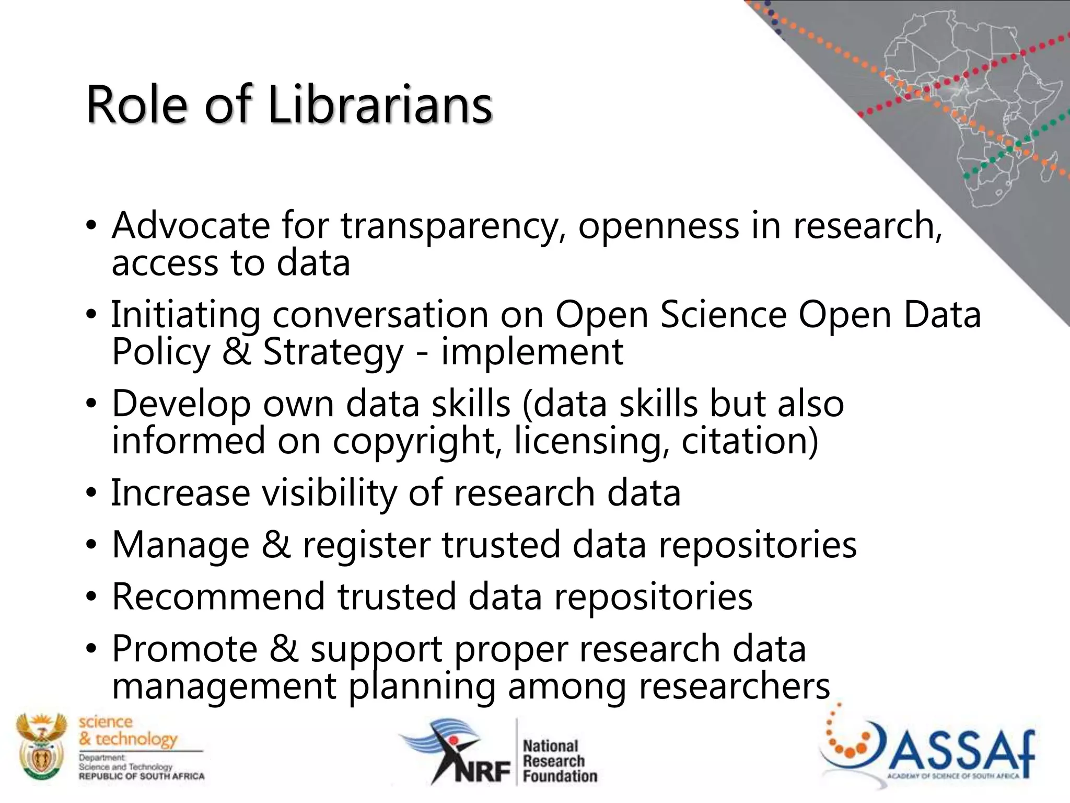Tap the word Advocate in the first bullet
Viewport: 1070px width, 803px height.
click(x=191, y=226)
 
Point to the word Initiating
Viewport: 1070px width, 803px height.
click(x=185, y=315)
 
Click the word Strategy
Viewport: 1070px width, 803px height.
click(x=333, y=352)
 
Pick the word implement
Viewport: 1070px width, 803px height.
click(x=532, y=352)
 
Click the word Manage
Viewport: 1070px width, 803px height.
click(x=181, y=545)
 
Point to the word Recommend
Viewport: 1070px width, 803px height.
click(x=218, y=596)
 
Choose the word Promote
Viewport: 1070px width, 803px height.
click(x=185, y=649)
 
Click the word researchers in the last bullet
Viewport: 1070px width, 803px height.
click(x=734, y=686)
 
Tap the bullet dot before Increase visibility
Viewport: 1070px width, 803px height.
click(x=91, y=493)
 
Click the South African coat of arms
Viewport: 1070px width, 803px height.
click(x=41, y=748)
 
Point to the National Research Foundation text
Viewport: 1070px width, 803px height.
click(x=559, y=761)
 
